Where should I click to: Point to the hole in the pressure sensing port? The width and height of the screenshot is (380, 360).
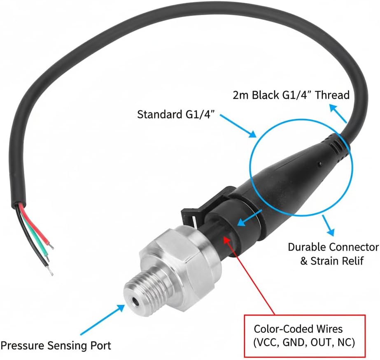point(135,302)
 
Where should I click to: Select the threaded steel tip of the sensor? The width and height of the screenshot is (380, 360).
point(143,291)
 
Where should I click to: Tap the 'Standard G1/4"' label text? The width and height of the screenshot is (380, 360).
point(176,114)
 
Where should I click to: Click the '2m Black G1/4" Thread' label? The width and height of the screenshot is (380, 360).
point(291,95)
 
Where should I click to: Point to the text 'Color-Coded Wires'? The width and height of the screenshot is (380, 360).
point(298,329)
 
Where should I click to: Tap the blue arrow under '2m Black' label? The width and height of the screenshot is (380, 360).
point(338,114)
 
